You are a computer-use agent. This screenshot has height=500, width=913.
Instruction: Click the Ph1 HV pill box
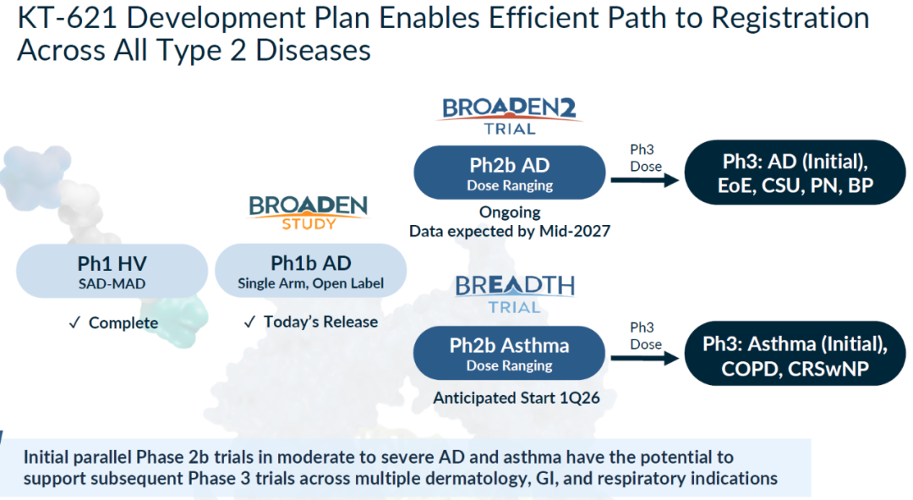pos(112,272)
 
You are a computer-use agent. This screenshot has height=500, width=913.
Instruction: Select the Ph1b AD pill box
pos(311,271)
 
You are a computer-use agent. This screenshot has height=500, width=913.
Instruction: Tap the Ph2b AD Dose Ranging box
pos(510,173)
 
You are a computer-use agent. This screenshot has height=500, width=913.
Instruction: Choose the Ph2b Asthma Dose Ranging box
pos(510,353)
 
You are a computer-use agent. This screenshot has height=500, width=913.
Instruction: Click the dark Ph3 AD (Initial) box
pos(795,173)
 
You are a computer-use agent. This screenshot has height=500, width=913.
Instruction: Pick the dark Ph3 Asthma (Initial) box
pos(795,354)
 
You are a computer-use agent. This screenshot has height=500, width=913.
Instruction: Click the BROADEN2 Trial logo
pos(510,116)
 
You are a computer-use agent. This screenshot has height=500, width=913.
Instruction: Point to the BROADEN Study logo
pos(309,212)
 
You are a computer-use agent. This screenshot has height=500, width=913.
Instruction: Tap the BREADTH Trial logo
pos(515,294)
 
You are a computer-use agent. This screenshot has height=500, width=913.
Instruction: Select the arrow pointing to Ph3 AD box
pos(644,181)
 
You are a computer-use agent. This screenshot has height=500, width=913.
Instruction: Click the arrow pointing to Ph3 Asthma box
pos(644,359)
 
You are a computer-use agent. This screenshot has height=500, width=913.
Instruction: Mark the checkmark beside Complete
pos(74,323)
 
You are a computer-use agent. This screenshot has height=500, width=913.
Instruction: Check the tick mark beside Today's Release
pos(249,321)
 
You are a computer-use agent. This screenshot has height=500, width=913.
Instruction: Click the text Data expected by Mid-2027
pos(510,231)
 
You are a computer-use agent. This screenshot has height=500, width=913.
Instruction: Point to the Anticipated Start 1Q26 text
pos(517,398)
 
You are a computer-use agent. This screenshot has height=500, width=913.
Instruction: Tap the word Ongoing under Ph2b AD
pos(510,212)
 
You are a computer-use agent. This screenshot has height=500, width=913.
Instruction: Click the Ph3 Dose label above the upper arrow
pos(646,158)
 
